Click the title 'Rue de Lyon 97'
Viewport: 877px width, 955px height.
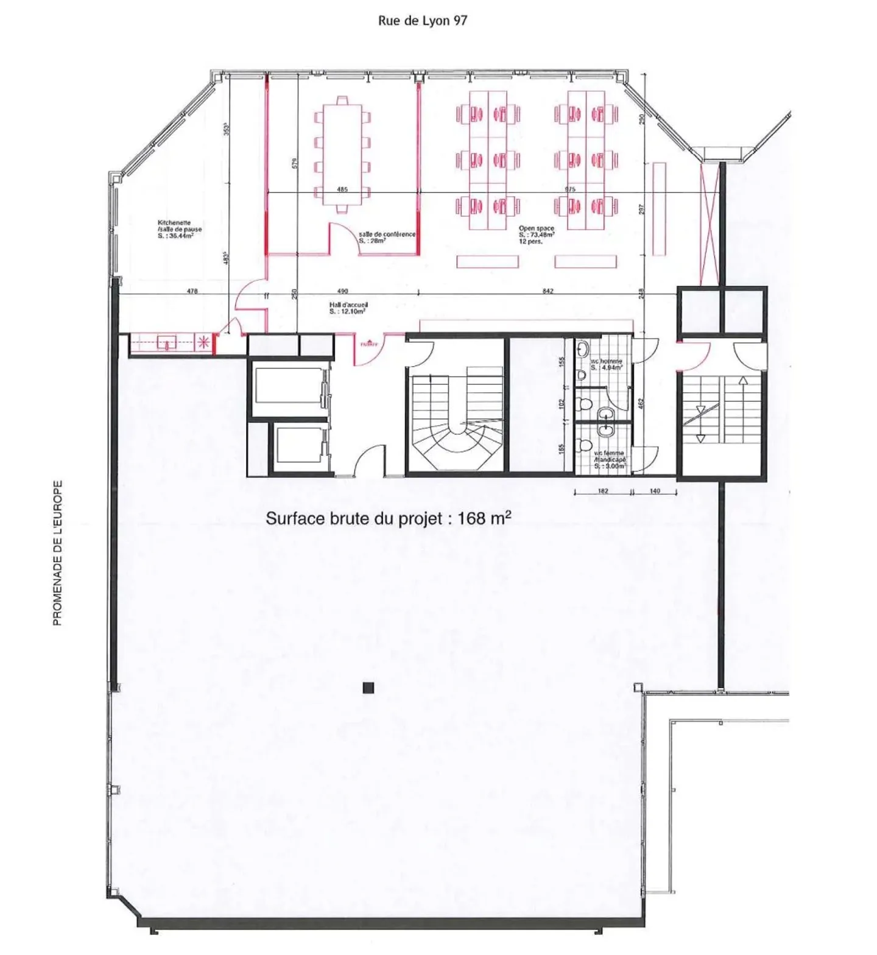[x=422, y=21]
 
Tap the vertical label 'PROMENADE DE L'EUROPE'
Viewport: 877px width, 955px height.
[x=58, y=553]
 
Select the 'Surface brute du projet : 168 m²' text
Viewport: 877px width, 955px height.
[x=388, y=518]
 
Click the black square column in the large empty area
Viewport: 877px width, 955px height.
[x=368, y=688]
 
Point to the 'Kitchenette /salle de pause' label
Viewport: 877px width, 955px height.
[x=179, y=230]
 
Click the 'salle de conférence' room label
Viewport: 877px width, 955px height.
[x=387, y=237]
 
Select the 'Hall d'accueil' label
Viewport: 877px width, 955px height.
[x=348, y=308]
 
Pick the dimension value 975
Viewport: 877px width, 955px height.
[x=569, y=189]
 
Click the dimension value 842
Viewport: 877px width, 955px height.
[x=548, y=291]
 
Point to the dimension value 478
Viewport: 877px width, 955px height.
[x=192, y=291]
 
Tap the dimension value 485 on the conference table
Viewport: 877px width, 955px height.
[x=342, y=189]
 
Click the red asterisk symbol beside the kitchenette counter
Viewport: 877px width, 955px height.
[x=204, y=343]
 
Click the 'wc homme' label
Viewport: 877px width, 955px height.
[x=606, y=364]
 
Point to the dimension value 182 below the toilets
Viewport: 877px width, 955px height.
[x=603, y=491]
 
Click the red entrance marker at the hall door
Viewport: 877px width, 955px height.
[x=369, y=345]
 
